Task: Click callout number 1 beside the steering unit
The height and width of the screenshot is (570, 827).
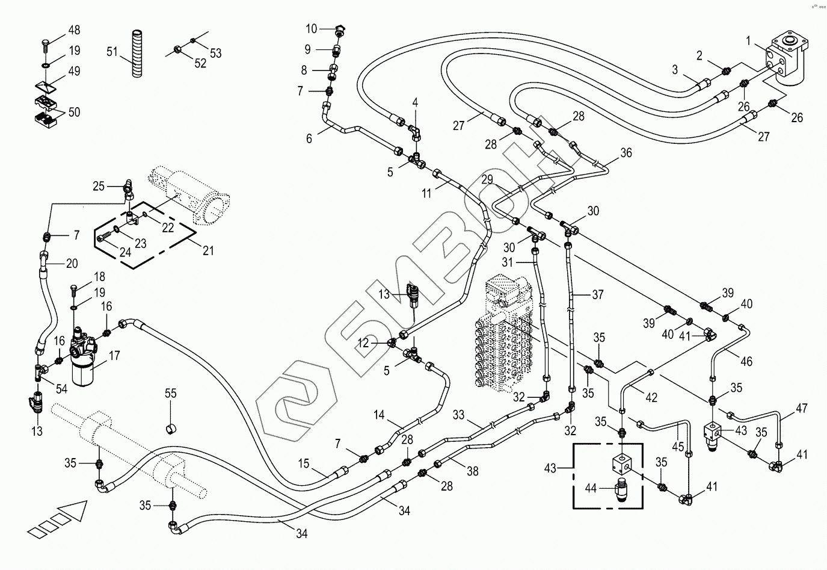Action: [x=748, y=41]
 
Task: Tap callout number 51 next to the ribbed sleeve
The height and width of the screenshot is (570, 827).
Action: [x=112, y=52]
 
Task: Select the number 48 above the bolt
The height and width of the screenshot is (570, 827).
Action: [x=74, y=30]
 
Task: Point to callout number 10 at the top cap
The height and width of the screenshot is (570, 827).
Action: [x=311, y=28]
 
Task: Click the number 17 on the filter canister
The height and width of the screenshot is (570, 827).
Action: [x=114, y=356]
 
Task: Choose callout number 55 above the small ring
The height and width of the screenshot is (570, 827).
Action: [x=171, y=394]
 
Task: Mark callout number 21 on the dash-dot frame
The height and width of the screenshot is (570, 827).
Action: [x=208, y=251]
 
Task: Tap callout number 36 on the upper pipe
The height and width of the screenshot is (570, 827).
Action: [x=626, y=153]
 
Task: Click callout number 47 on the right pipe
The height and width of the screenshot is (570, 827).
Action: [x=801, y=409]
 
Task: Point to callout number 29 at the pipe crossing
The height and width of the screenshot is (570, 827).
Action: [x=487, y=179]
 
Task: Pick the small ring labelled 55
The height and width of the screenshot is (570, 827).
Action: [x=171, y=428]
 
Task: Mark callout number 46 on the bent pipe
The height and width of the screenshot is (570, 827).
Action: [x=746, y=362]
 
